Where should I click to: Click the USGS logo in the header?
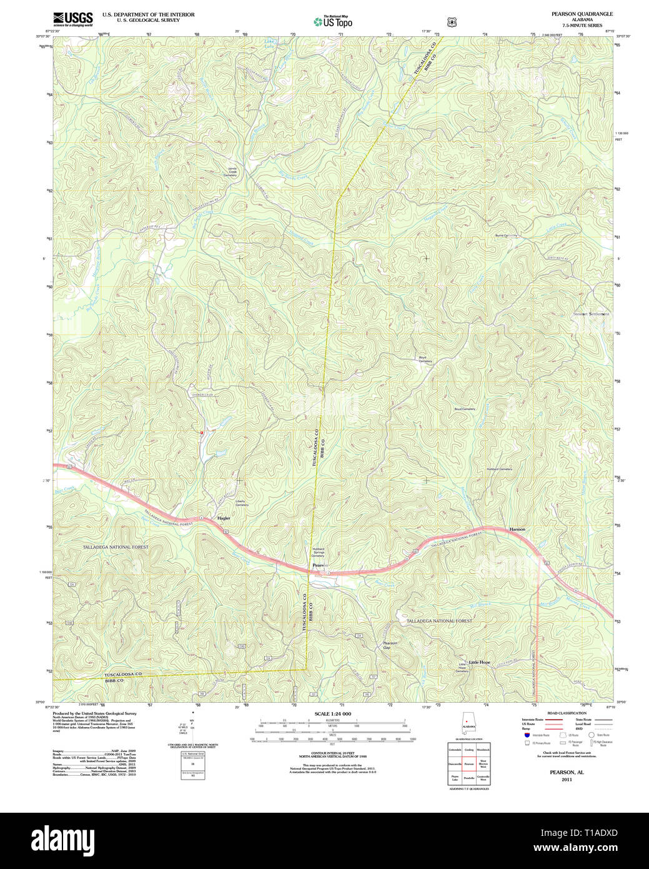click(72, 18)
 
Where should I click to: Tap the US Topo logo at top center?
click(333, 21)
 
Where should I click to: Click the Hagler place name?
click(224, 518)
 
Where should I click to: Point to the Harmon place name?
click(517, 530)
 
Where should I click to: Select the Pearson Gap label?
click(390, 645)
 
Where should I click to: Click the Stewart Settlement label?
click(591, 314)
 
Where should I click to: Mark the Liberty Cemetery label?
click(241, 503)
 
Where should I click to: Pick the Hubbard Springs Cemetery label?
click(319, 552)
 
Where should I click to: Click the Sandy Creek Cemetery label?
click(232, 172)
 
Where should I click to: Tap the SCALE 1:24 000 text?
click(332, 714)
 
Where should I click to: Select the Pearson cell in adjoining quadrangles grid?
click(468, 763)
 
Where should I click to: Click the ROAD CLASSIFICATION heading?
click(567, 713)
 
